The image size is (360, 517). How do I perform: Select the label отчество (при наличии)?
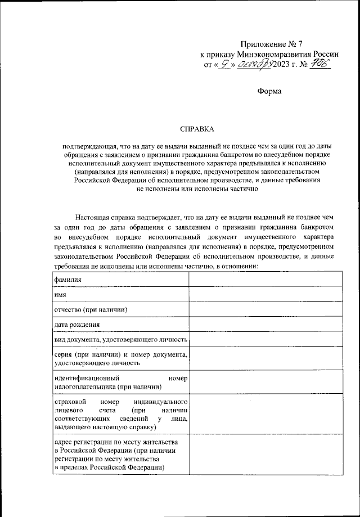point(90,310)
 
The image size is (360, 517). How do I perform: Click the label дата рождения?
point(77,325)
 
